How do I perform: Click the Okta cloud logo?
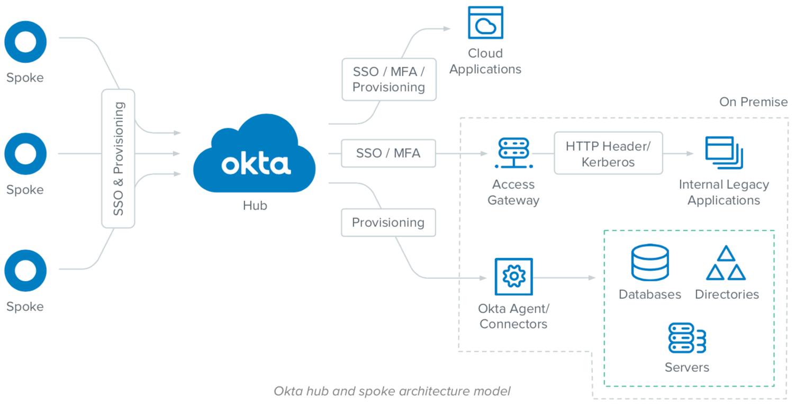click(x=255, y=156)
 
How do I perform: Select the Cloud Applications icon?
click(x=485, y=23)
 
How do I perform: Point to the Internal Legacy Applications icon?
click(x=724, y=153)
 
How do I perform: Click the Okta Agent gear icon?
click(x=513, y=277)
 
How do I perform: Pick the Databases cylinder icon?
click(x=650, y=263)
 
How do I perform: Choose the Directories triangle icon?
click(x=726, y=263)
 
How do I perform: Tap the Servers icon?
click(x=687, y=338)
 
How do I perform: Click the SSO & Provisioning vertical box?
click(x=118, y=159)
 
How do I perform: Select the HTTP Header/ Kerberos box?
click(x=608, y=153)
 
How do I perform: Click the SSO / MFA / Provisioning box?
click(x=389, y=79)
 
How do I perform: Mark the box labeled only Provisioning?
click(x=389, y=222)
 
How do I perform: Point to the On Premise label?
click(x=753, y=102)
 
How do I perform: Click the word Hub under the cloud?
click(x=255, y=205)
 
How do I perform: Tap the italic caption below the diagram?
click(x=392, y=391)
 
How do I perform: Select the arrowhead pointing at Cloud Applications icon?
click(x=447, y=27)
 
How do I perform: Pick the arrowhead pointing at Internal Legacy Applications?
click(x=690, y=153)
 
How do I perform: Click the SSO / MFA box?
click(x=388, y=153)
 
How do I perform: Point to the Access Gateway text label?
click(x=513, y=192)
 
